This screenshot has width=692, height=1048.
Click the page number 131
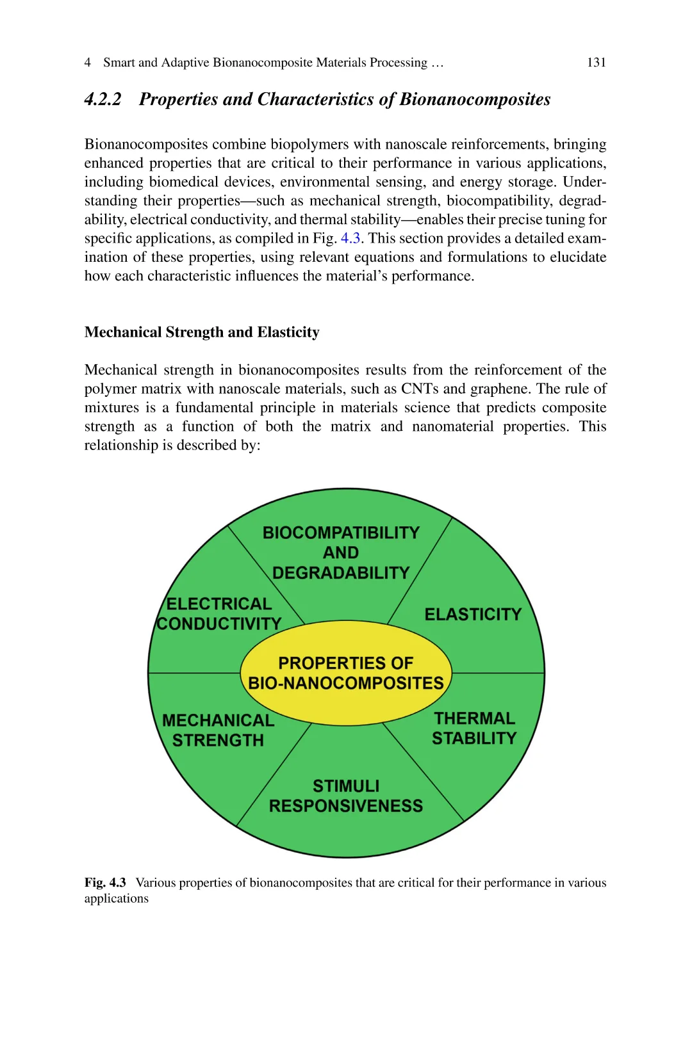(596, 62)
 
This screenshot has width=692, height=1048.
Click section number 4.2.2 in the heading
(103, 99)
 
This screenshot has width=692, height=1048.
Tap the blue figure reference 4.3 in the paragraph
(350, 238)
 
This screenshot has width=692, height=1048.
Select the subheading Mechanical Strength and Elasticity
(202, 332)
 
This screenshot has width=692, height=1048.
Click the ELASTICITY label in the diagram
(473, 615)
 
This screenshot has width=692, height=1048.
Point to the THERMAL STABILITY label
(474, 729)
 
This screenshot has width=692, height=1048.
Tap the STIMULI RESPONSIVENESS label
(346, 796)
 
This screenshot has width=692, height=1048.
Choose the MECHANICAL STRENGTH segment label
(218, 730)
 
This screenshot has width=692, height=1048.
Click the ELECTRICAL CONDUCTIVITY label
(219, 614)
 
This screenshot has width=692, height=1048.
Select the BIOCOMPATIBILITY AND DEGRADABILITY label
(341, 552)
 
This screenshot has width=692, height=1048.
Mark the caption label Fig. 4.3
(105, 883)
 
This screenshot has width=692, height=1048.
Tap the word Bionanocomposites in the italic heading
(475, 99)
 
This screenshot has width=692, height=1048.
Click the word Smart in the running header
(119, 62)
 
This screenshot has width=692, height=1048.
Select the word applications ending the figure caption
(117, 899)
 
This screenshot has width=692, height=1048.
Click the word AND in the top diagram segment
(341, 552)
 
